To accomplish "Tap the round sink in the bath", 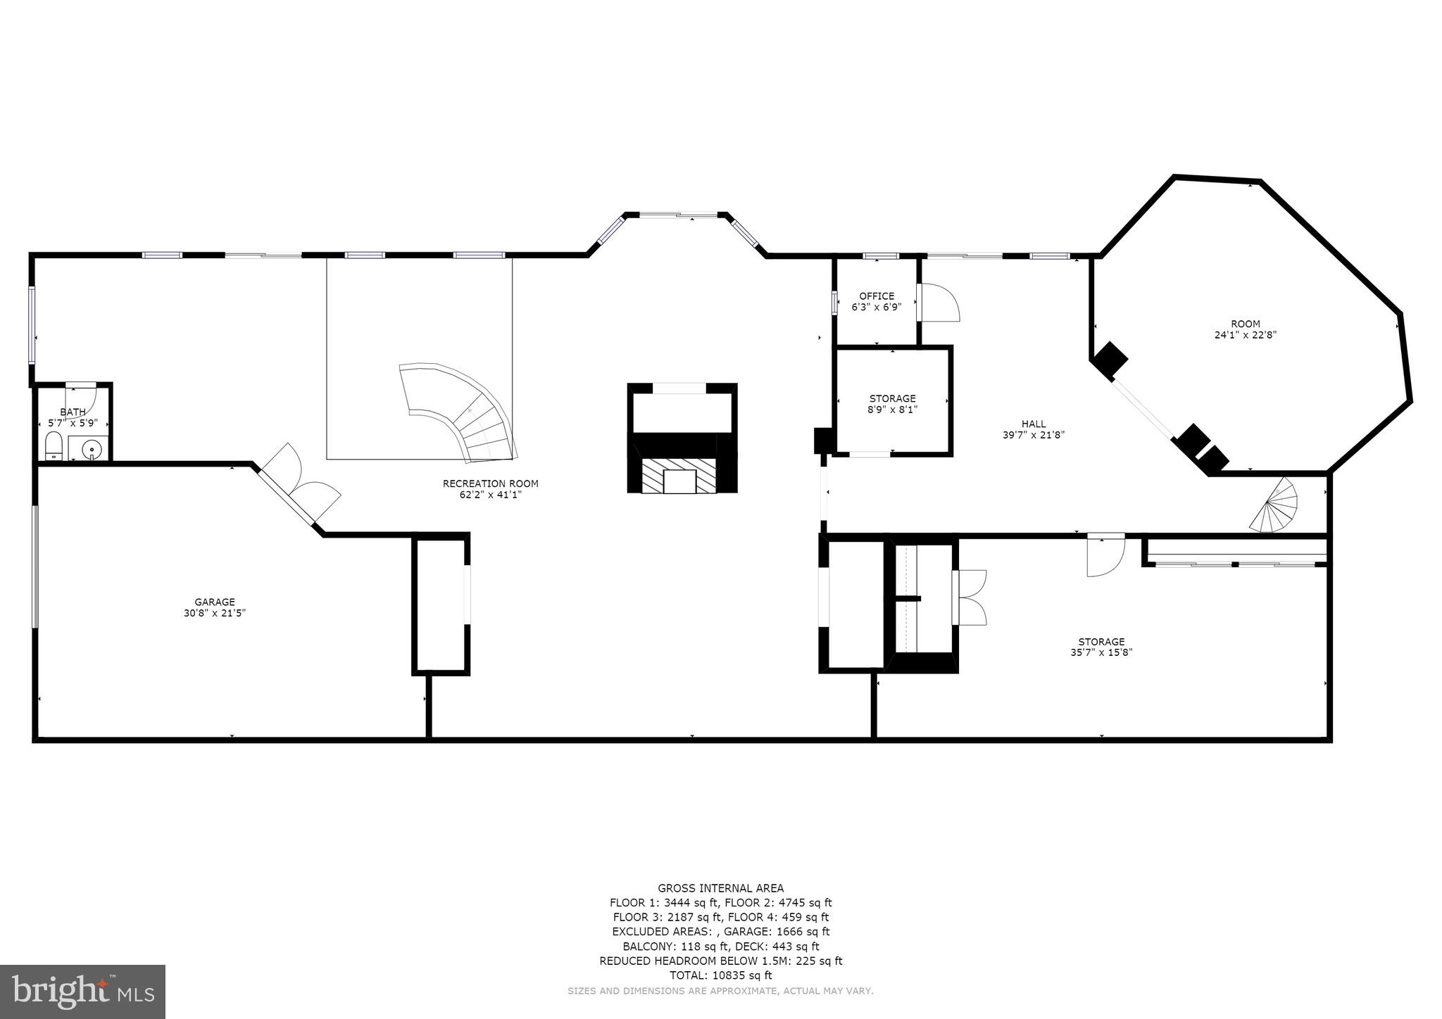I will click(x=92, y=448).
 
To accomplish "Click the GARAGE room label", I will click(x=215, y=602).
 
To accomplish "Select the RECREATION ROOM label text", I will click(x=490, y=483).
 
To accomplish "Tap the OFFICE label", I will click(x=877, y=296).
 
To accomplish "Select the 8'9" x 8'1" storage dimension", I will click(x=892, y=409).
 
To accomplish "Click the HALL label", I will click(x=1034, y=424).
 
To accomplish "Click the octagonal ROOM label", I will click(x=1246, y=324).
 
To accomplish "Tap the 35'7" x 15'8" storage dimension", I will click(x=1101, y=652).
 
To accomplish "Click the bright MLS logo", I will click(x=82, y=992).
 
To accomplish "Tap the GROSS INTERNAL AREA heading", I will click(x=720, y=888).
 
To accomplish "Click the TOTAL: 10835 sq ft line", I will click(x=720, y=975).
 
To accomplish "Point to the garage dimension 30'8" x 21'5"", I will click(x=215, y=613).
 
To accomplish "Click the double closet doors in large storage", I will click(x=970, y=597).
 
